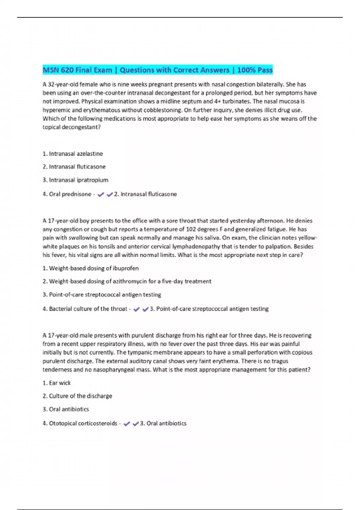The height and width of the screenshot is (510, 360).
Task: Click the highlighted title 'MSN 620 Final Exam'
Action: pos(77,70)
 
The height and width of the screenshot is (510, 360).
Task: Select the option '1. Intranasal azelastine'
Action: pos(73,154)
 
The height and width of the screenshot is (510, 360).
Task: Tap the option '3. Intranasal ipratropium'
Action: pos(75,180)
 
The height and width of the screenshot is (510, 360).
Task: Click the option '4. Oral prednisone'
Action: pos(67,194)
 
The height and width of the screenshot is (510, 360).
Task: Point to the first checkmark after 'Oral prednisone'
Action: pos(101,194)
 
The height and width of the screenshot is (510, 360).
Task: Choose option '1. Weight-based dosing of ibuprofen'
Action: pos(91,268)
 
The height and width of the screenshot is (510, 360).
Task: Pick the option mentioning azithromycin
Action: pos(127,281)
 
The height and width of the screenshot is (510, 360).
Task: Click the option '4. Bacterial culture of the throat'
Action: pos(85,309)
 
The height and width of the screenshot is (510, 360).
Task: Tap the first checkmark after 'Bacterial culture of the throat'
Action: pos(136,309)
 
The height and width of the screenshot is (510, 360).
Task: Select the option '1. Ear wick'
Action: pos(57,383)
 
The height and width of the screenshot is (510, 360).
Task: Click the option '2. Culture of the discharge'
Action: pos(77,396)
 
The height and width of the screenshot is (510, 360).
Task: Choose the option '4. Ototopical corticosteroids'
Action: pos(80,423)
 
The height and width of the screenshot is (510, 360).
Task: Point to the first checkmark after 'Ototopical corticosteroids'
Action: pos(127,424)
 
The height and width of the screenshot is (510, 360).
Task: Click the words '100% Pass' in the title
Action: pos(255,70)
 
